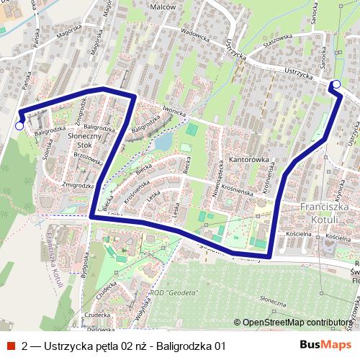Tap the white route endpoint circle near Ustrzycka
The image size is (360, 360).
click(336, 85)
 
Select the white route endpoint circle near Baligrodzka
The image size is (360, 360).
click(19, 125)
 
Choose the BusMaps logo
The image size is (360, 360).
click(321, 345)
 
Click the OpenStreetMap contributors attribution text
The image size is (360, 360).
click(295, 323)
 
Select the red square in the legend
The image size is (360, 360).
click(10, 346)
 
